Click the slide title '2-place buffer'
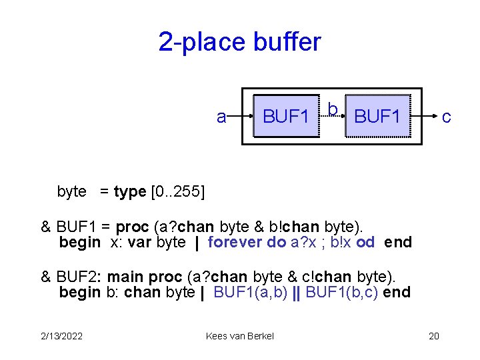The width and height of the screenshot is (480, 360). coord(239,42)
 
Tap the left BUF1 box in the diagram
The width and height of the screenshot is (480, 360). coord(285,117)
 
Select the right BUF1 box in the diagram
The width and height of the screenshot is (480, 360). coord(378,117)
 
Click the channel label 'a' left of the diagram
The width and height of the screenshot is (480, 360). coord(221,117)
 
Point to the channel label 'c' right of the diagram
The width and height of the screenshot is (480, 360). coord(446,117)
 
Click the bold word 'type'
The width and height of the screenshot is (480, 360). coord(131,192)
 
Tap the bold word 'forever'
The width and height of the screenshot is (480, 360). coord(236,242)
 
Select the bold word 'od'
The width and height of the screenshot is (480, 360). coord(365,242)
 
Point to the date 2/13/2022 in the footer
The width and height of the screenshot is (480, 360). coord(61,336)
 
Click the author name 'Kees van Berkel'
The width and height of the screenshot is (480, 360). coord(240,336)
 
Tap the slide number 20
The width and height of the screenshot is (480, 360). coord(433,336)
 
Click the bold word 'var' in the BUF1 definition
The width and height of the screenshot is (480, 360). coord(139,242)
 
